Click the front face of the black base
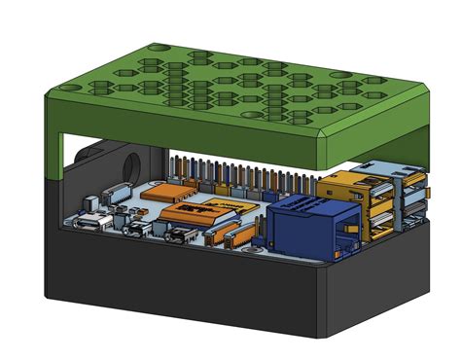[185, 287]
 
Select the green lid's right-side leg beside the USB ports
[419, 136]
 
